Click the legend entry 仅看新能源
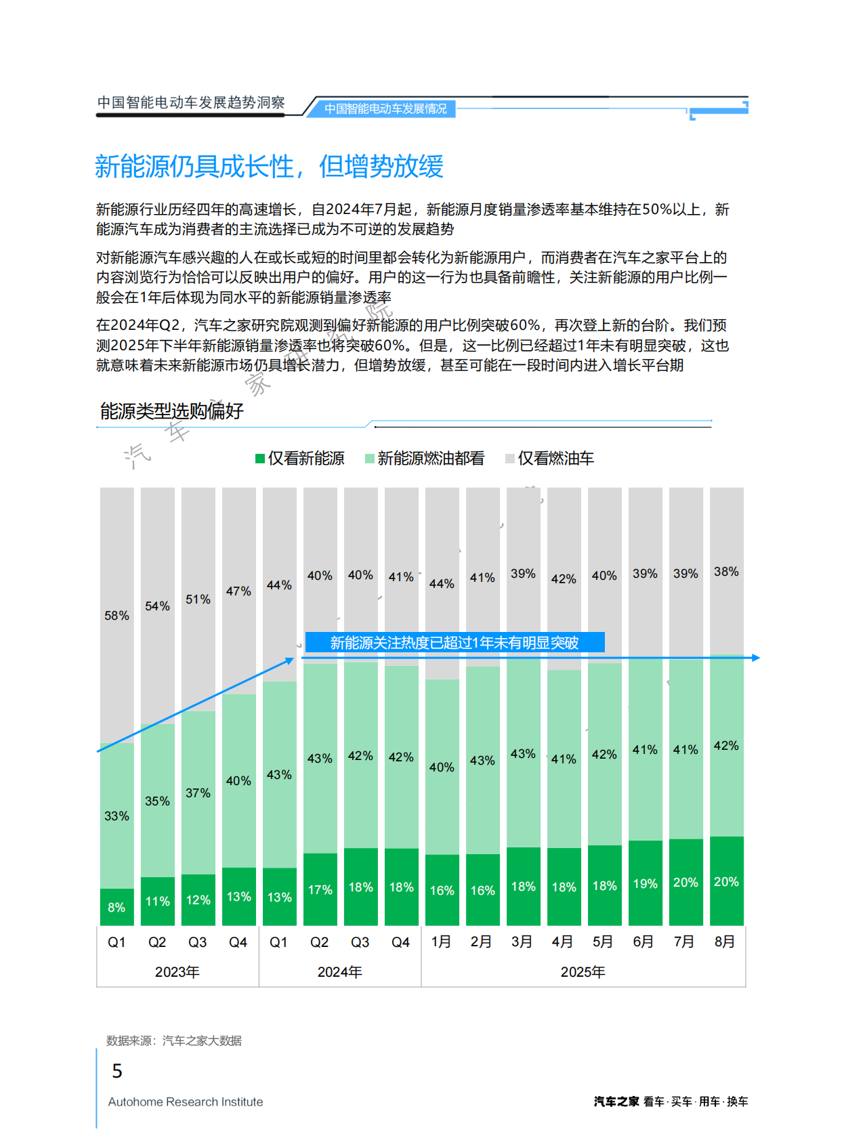tap(300, 459)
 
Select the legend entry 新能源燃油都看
tap(425, 459)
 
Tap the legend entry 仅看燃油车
tap(549, 459)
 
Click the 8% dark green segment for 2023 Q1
tap(117, 907)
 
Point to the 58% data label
tap(117, 616)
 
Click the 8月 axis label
tap(725, 942)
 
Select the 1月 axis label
tap(441, 942)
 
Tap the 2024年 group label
tap(339, 972)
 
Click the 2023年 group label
tap(177, 972)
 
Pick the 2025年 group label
tap(583, 972)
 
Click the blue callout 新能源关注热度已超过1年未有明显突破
tap(454, 642)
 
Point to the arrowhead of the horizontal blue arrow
tap(755, 658)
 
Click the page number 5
tap(117, 1071)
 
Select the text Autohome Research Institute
tap(186, 1102)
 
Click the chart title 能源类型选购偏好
tap(172, 411)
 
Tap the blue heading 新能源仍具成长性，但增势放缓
tap(269, 167)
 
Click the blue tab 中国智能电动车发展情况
tap(385, 108)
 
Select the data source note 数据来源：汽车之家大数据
tap(174, 1040)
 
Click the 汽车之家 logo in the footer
tap(616, 1101)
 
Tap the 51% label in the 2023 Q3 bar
tap(198, 599)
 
